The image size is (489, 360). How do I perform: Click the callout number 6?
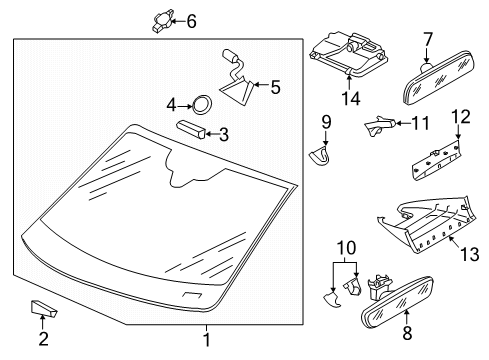pyautogui.click(x=191, y=21)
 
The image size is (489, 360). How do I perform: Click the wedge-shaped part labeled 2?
pyautogui.click(x=44, y=308)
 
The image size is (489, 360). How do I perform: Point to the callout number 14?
pyautogui.click(x=351, y=99)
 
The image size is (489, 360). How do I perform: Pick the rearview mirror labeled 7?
pyautogui.click(x=437, y=78)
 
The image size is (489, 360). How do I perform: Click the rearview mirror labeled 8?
pyautogui.click(x=397, y=303)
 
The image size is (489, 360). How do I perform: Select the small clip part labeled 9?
pyautogui.click(x=319, y=156)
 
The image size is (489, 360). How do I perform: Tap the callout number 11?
pyautogui.click(x=421, y=123)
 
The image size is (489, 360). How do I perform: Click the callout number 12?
pyautogui.click(x=461, y=116)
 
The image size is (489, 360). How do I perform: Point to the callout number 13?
pyautogui.click(x=470, y=255)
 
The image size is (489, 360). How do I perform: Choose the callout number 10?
pyautogui.click(x=347, y=248)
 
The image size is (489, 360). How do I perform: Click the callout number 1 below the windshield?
pyautogui.click(x=207, y=340)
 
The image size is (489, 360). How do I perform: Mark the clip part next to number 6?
pyautogui.click(x=163, y=21)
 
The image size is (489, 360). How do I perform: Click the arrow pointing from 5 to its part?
pyautogui.click(x=261, y=84)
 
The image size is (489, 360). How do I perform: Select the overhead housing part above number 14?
pyautogui.click(x=348, y=55)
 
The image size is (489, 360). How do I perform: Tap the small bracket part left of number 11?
pyautogui.click(x=380, y=125)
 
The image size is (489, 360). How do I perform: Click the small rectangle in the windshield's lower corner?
pyautogui.click(x=192, y=295)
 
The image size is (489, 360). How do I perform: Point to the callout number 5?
pyautogui.click(x=275, y=88)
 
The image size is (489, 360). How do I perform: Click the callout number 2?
pyautogui.click(x=44, y=339)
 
